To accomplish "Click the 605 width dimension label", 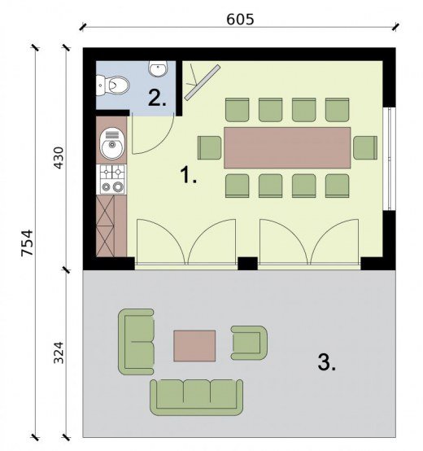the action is [240, 20].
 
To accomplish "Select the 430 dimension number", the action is [59, 158].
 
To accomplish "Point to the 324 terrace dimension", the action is [59, 352].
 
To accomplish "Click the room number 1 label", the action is [188, 175].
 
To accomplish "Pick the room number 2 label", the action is [157, 98].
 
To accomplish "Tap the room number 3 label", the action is [327, 362].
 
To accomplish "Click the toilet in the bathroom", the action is [112, 85].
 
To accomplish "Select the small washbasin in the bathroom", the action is [158, 68].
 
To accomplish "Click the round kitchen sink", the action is [112, 143].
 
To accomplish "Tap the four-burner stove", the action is [112, 179].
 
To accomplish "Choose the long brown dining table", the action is [287, 147].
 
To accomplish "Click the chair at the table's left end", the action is [210, 147].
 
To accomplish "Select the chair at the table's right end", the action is [365, 147].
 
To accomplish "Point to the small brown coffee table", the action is [194, 346].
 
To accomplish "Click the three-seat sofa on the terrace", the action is [197, 397].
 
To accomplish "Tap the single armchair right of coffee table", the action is [249, 343].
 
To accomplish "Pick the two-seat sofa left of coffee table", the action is [136, 342].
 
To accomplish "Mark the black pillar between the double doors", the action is [248, 263].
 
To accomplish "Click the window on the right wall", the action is [390, 159].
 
